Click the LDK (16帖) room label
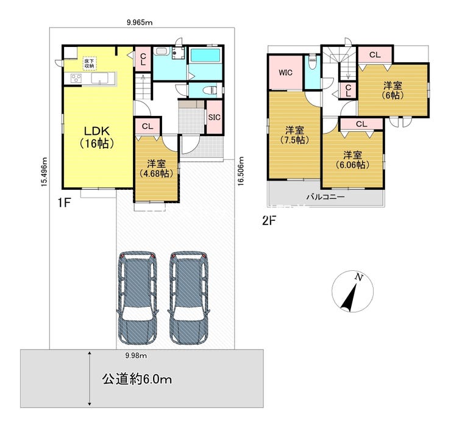tap(97, 137)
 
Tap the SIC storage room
tap(215, 117)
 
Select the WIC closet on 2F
tap(285, 73)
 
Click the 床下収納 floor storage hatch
tap(89, 63)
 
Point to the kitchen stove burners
tap(76, 78)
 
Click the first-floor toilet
tap(210, 90)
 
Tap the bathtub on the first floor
tap(205, 55)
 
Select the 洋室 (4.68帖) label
tap(156, 168)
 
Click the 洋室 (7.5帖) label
tap(294, 135)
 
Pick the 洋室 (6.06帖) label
tap(352, 160)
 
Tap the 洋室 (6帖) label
tap(392, 90)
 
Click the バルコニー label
tap(325, 197)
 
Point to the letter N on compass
tap(358, 278)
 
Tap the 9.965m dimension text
tap(140, 23)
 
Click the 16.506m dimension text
tap(241, 171)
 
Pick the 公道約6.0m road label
tap(137, 379)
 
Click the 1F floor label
tap(64, 203)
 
